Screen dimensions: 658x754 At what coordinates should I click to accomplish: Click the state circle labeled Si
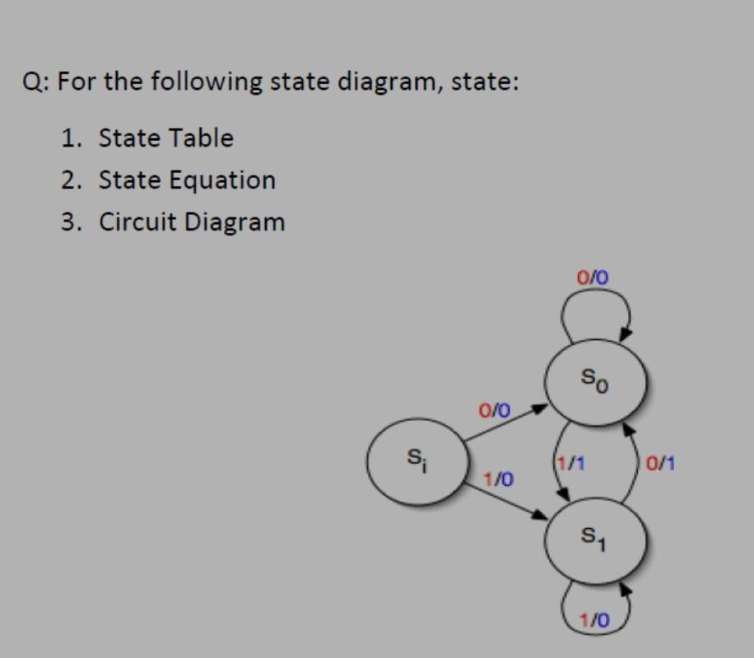(x=418, y=462)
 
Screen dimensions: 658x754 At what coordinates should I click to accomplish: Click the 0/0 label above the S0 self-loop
(x=593, y=277)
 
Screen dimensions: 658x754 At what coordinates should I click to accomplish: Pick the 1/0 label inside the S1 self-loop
(x=593, y=618)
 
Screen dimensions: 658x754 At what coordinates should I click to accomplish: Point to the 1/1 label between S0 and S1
(x=570, y=463)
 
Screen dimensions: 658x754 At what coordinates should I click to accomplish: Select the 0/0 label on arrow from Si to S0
(x=494, y=408)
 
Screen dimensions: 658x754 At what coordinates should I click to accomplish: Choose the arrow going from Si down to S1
(x=506, y=499)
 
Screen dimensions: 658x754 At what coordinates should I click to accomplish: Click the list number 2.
(x=71, y=180)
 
